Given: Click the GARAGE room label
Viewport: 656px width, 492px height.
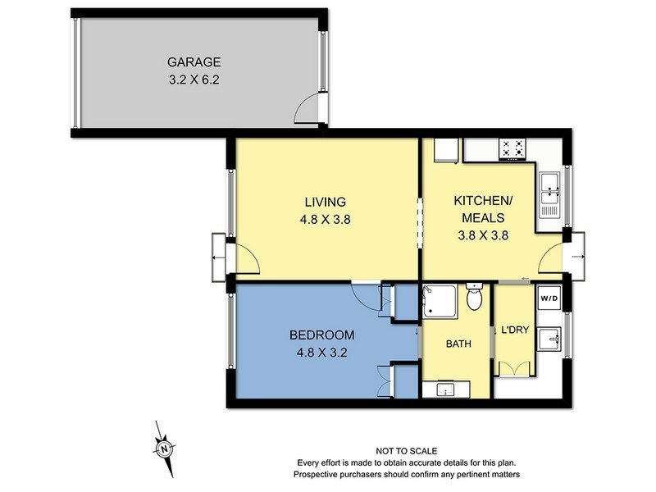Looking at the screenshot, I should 195,61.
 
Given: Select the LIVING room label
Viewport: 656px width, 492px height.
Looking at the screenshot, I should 326,202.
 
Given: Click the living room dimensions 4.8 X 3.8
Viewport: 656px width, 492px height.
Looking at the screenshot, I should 326,219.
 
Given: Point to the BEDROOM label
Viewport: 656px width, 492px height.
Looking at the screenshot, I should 321,335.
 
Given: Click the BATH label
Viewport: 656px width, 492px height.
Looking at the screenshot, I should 458,344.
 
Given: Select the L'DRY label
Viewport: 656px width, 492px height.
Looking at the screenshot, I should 513,330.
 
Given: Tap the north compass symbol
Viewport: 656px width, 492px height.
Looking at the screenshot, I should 164,449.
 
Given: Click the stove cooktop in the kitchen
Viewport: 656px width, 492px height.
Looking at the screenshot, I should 514,148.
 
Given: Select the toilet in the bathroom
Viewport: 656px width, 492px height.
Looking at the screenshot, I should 473,298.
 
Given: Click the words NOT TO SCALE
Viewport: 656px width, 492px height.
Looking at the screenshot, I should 407,451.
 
